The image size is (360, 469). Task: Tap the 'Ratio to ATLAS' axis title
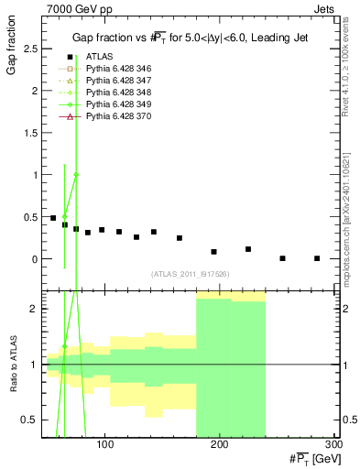click(x=12, y=364)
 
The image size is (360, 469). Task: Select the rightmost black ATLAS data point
click(x=317, y=258)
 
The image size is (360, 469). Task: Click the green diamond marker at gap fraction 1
click(x=76, y=175)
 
